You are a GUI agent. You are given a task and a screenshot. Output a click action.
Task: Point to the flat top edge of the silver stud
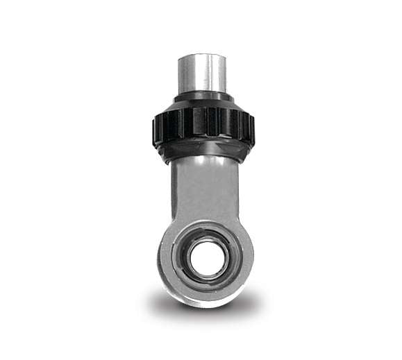coord(202,55)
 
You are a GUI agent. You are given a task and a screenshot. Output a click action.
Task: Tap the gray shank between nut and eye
coord(203,187)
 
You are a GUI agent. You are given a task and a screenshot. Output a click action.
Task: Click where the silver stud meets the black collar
coord(202,92)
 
